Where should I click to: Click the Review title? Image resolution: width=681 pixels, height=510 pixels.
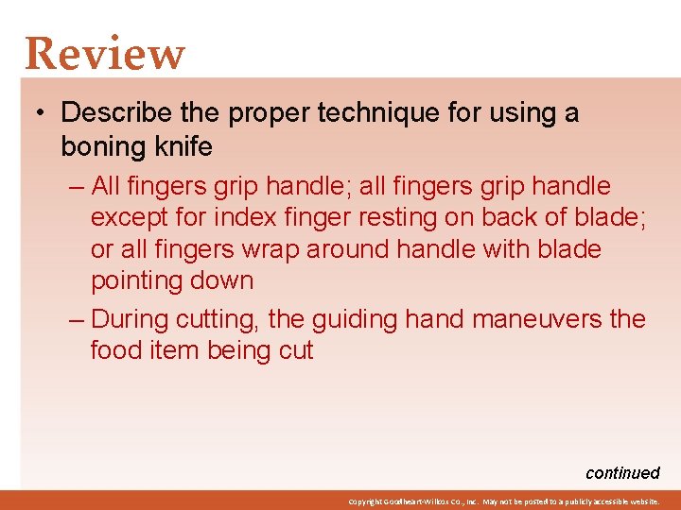pyautogui.click(x=105, y=54)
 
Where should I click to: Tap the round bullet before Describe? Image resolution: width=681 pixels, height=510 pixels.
pyautogui.click(x=42, y=113)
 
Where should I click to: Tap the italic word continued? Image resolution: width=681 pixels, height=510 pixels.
pyautogui.click(x=621, y=473)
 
